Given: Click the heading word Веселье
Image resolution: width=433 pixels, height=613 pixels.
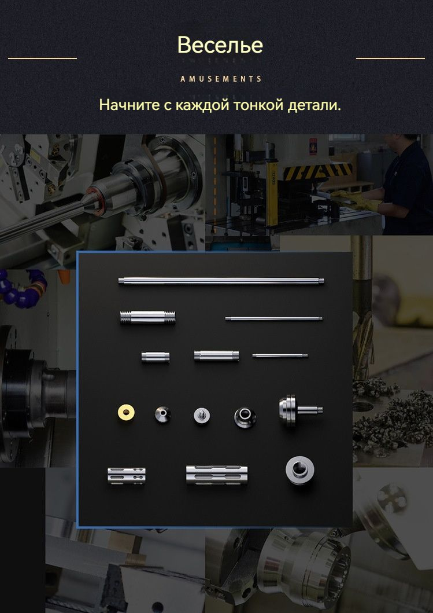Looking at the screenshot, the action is tap(220, 45).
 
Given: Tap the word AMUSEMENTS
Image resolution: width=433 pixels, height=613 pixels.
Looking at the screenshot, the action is tap(221, 79).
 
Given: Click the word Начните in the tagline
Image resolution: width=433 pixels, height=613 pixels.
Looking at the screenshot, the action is tap(129, 105).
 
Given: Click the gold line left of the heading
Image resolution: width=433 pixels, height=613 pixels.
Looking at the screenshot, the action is tap(42, 58).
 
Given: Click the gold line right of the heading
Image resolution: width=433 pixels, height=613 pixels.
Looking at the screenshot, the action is tap(390, 58).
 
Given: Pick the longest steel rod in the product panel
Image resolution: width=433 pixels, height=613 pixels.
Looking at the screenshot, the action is tap(221, 281).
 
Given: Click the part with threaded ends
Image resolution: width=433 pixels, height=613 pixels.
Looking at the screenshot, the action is tap(147, 317).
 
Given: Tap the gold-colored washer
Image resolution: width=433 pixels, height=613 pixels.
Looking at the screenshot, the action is tap(126, 412).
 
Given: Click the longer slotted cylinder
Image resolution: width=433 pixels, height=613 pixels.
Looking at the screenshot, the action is tap(217, 475).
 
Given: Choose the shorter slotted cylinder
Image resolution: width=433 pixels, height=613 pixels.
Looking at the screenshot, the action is tap(127, 475).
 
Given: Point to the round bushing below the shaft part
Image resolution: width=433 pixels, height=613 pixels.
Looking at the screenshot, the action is tap(300, 470).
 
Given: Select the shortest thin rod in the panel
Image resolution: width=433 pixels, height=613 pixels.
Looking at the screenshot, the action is tap(280, 356).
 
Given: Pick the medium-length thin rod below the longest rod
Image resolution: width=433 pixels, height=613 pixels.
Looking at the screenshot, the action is tap(273, 318).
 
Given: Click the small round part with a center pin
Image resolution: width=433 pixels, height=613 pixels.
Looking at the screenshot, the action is tap(202, 415).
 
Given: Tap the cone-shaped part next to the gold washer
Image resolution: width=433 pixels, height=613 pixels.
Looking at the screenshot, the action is tap(162, 414).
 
